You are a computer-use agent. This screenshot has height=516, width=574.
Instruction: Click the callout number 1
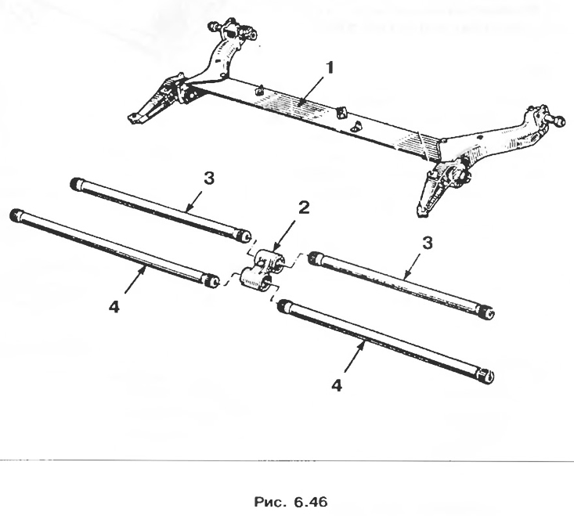(330, 67)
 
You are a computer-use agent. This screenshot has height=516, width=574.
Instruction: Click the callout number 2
(304, 207)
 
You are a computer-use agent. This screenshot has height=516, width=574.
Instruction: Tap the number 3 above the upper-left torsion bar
(208, 179)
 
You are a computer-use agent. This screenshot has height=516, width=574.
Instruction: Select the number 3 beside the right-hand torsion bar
(428, 243)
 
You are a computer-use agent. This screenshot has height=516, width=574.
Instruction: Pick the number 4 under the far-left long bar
(114, 307)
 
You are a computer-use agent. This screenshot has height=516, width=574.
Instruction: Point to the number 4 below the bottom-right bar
(337, 385)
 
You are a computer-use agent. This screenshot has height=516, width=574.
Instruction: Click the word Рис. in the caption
(270, 502)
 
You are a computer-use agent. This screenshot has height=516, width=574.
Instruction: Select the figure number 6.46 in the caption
(310, 502)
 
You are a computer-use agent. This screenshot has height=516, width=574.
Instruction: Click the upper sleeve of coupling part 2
(272, 262)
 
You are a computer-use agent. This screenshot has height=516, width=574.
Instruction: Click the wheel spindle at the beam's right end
(556, 121)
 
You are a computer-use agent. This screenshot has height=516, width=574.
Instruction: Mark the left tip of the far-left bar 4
(14, 213)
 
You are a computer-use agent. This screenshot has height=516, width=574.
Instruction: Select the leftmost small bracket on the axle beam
(259, 90)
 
